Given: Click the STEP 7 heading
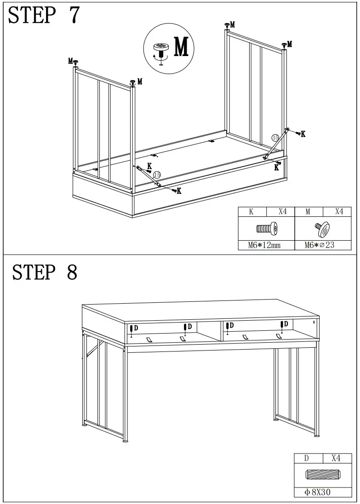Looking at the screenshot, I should [x=44, y=16].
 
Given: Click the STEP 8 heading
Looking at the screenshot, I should [x=44, y=272].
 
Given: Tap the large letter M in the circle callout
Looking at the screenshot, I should [x=181, y=47].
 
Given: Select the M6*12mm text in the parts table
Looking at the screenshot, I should [x=264, y=245].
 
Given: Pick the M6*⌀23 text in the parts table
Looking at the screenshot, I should [x=320, y=245].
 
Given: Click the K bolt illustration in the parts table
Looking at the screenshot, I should [x=266, y=228].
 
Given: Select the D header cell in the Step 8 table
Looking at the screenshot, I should [x=307, y=458].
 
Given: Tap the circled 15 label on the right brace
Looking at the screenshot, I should [x=275, y=137].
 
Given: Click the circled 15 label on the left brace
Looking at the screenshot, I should [x=157, y=175].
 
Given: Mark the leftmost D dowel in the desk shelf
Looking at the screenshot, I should [x=132, y=329].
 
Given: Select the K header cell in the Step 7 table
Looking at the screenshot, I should [x=251, y=212].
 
